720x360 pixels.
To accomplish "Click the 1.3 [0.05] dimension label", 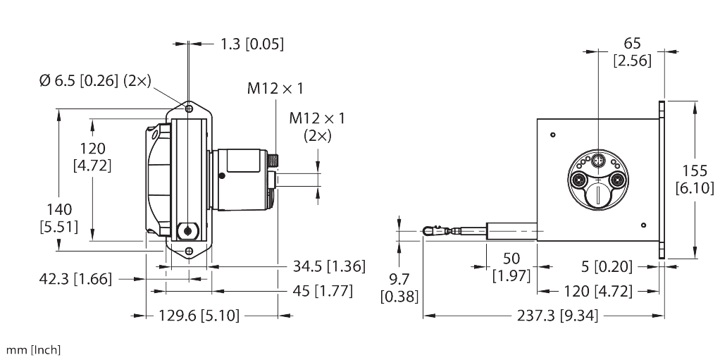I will pyautogui.click(x=252, y=44).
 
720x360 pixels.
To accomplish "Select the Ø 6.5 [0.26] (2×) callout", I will pyautogui.click(x=95, y=82).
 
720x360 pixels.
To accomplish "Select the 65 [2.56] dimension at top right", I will pyautogui.click(x=631, y=51).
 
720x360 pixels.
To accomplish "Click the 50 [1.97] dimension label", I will pyautogui.click(x=510, y=266).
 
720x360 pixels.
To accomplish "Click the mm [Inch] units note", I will pyautogui.click(x=33, y=349).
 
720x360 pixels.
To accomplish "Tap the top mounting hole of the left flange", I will pyautogui.click(x=189, y=110).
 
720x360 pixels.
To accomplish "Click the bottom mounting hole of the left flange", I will pyautogui.click(x=189, y=251).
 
